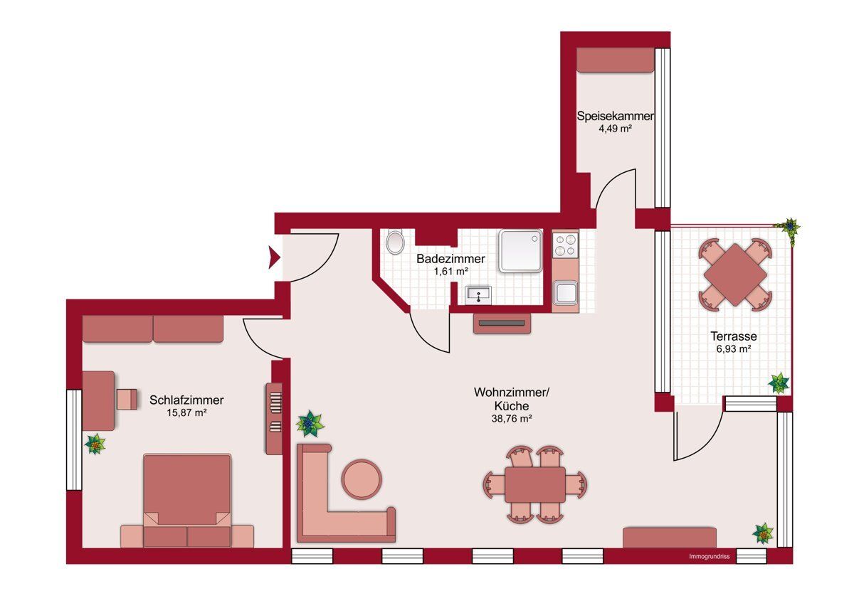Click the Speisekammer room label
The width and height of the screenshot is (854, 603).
[x=616, y=116]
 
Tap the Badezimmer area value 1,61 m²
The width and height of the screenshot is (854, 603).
[x=450, y=272]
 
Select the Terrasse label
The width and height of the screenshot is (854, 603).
[x=734, y=336]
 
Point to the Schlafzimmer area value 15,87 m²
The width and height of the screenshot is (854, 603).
[x=186, y=412]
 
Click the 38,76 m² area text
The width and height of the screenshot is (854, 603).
[x=511, y=419]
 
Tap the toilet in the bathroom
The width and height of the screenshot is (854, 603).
[x=395, y=241]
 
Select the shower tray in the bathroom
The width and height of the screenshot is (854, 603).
[x=520, y=250]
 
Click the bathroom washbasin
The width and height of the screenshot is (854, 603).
[x=478, y=295]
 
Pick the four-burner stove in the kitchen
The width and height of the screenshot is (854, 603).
[x=565, y=245]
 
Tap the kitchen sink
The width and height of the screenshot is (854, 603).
[x=565, y=292]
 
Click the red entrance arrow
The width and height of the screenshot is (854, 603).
[x=275, y=257]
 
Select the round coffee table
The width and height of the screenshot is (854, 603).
[x=362, y=479]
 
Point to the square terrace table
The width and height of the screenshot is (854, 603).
[x=735, y=274]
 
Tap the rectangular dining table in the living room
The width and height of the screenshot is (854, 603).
[x=535, y=485]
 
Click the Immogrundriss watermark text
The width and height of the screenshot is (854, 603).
[x=709, y=557]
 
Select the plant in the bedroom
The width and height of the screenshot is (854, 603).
[x=95, y=444]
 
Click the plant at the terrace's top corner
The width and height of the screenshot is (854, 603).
[x=789, y=228]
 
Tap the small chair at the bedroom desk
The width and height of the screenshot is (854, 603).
[x=127, y=399]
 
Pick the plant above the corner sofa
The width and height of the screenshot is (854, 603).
[x=310, y=424]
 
